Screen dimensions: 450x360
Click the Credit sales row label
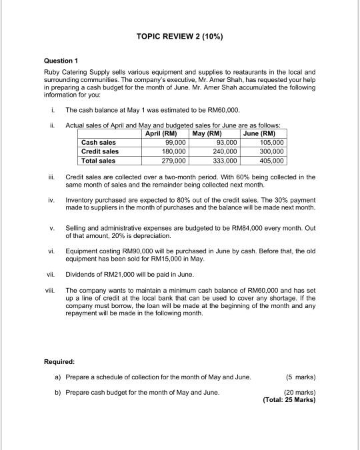100,151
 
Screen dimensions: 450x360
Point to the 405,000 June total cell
273,161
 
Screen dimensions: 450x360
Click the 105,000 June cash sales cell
273,143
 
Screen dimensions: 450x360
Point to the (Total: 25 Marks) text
289,400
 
